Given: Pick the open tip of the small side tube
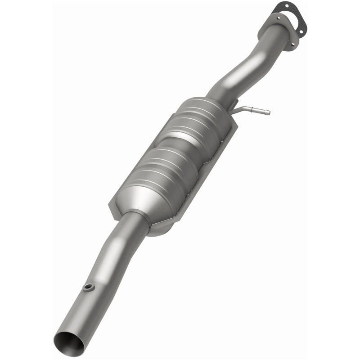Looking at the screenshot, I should pos(269,112).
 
